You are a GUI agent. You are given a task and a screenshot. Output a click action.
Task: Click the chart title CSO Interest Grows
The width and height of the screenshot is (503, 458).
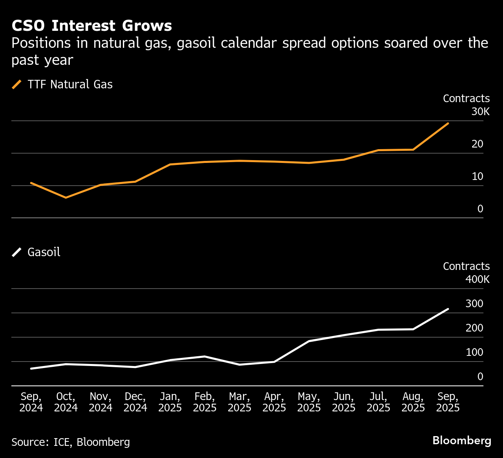click(x=92, y=26)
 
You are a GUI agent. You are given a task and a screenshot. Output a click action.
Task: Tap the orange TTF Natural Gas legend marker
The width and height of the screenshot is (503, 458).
click(x=17, y=84)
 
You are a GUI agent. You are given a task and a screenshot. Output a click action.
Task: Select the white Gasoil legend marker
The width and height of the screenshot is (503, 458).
click(x=17, y=252)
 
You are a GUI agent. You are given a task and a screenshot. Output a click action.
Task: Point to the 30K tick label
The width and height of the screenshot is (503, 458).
click(x=480, y=112)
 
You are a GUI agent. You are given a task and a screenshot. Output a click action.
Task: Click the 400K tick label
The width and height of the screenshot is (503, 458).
click(x=477, y=280)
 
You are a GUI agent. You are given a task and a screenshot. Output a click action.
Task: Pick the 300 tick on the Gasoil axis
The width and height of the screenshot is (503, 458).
click(x=474, y=304)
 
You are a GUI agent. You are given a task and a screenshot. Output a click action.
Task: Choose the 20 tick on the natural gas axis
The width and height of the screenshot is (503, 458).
click(x=477, y=144)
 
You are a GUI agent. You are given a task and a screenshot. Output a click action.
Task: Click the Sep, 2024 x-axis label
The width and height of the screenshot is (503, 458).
click(x=31, y=402)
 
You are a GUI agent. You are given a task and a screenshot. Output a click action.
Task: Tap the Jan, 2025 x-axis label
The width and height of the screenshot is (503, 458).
click(x=170, y=402)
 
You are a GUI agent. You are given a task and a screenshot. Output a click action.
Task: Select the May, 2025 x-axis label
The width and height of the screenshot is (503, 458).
click(x=309, y=402)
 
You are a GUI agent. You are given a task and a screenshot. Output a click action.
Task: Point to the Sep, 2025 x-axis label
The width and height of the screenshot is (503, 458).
click(x=448, y=402)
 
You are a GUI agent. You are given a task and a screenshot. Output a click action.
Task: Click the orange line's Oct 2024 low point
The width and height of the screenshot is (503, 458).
click(x=66, y=197)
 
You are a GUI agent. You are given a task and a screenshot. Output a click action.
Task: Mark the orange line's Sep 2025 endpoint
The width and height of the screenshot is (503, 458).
click(x=448, y=123)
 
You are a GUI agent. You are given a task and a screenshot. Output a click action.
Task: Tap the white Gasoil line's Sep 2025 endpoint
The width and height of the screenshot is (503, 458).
click(x=448, y=309)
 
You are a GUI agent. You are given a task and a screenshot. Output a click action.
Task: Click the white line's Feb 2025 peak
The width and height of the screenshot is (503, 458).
click(x=205, y=356)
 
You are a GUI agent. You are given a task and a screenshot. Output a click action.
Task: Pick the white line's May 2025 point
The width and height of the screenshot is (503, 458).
click(x=309, y=341)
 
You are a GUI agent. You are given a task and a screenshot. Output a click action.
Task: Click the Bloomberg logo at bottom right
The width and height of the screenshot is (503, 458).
click(x=462, y=441)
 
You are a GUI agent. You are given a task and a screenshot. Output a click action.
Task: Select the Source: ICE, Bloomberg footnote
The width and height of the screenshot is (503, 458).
click(x=71, y=442)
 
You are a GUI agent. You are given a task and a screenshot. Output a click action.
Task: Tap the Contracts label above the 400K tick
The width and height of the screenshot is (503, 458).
click(x=466, y=266)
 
